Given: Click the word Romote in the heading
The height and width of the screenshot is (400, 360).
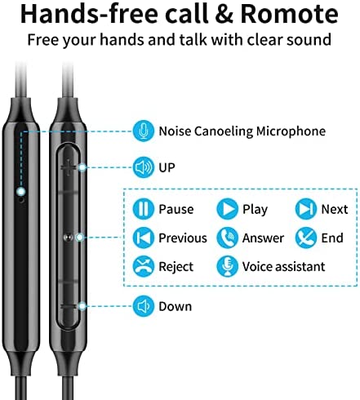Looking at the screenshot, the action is click(x=289, y=14).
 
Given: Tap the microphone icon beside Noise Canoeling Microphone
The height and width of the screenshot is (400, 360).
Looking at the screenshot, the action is click(x=144, y=131).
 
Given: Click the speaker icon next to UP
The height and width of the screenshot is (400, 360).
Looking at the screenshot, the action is click(x=144, y=167).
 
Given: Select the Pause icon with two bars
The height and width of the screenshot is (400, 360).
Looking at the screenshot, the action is click(x=144, y=209).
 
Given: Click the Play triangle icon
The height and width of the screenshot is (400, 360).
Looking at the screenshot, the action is click(x=227, y=209).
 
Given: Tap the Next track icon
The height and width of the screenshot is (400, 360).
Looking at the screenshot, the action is click(x=306, y=209).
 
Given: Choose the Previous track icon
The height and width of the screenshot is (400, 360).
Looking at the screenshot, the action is click(x=144, y=238).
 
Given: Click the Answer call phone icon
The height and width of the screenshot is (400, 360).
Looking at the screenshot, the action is click(x=227, y=238).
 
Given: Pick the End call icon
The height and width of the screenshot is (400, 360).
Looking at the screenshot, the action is click(x=306, y=238).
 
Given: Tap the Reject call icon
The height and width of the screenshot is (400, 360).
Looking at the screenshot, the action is click(x=144, y=266).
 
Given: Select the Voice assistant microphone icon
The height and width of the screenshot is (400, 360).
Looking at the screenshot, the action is click(x=227, y=266).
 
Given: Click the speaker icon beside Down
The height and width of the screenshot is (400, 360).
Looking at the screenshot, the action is click(x=144, y=306).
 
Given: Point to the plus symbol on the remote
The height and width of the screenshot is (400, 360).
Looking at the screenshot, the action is click(x=69, y=167).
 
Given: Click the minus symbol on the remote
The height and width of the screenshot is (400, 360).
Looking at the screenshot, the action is click(x=69, y=306).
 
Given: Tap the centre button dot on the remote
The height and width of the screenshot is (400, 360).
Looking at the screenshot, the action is click(x=68, y=238).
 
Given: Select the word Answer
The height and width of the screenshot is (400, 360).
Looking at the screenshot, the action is click(x=263, y=238).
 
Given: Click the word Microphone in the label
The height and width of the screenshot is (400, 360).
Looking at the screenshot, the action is click(x=291, y=131).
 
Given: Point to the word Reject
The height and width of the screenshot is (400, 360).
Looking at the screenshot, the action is click(x=176, y=267).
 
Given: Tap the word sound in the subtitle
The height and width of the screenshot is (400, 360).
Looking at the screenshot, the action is click(x=309, y=40).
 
